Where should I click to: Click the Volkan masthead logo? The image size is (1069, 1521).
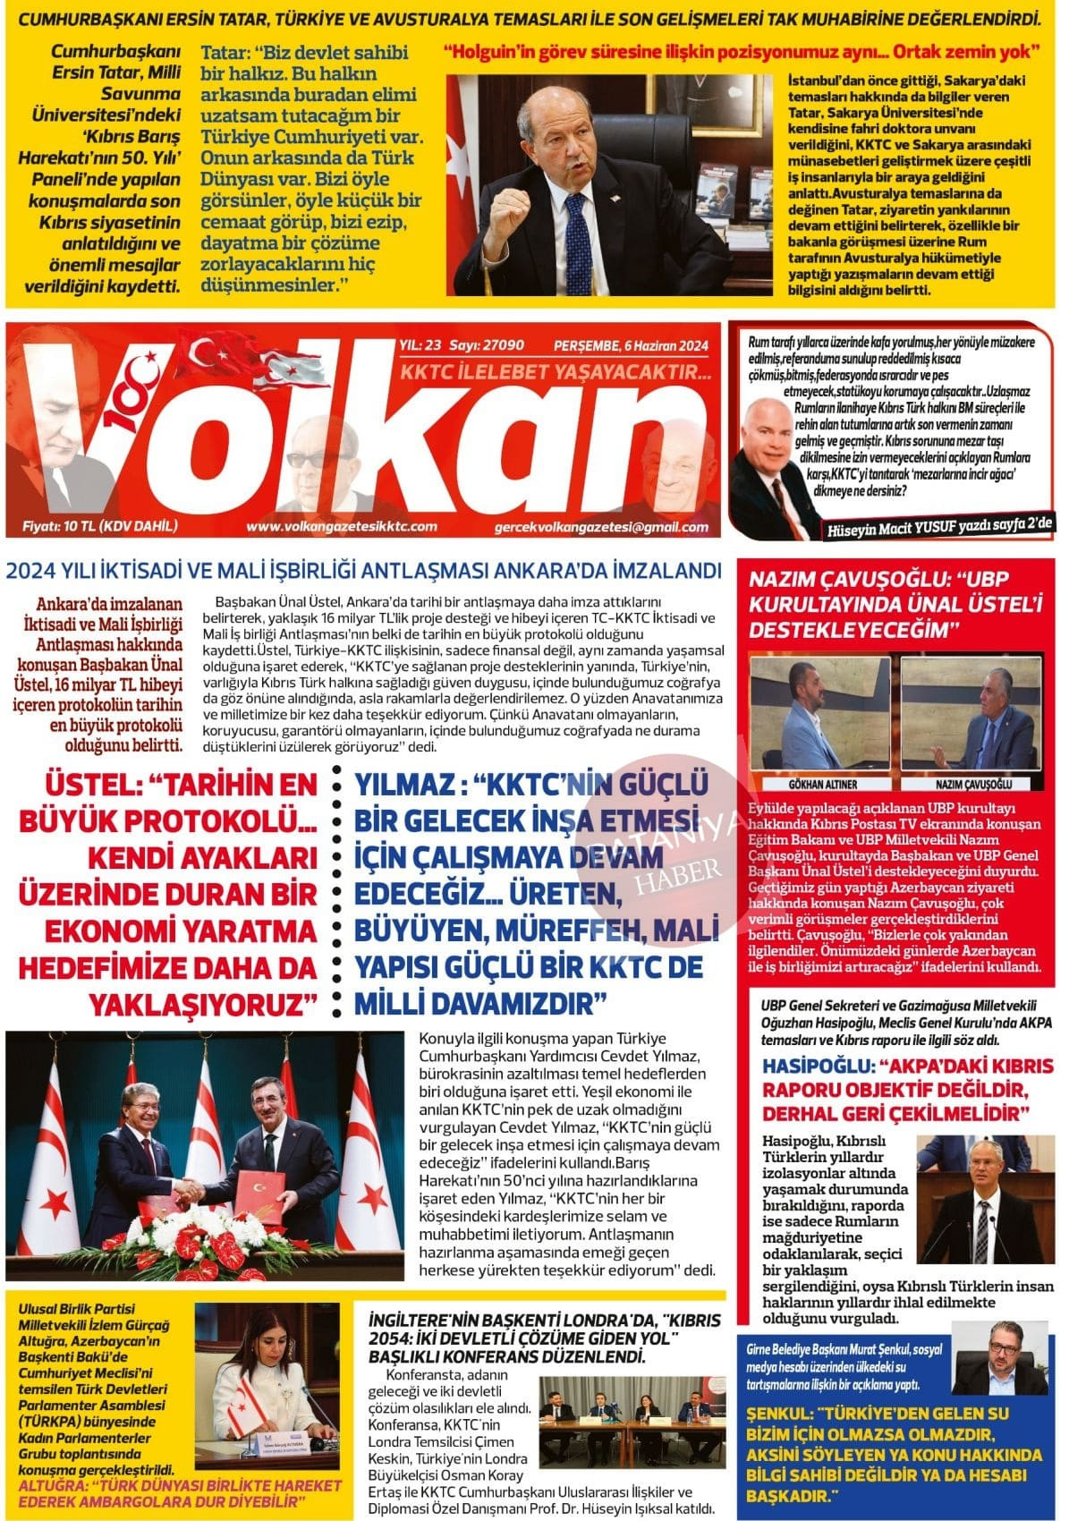(x=358, y=438)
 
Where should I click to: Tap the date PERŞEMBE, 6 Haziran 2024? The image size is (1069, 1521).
(x=631, y=346)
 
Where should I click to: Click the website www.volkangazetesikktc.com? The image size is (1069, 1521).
(x=341, y=527)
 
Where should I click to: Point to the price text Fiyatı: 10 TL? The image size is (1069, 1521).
(x=100, y=526)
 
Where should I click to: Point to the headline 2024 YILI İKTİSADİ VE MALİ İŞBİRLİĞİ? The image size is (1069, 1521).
(x=364, y=571)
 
